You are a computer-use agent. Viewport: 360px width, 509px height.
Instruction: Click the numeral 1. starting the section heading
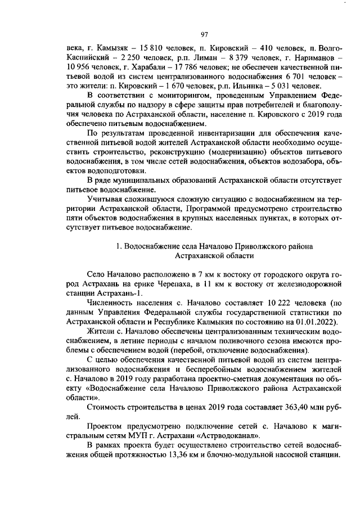point(119,246)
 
